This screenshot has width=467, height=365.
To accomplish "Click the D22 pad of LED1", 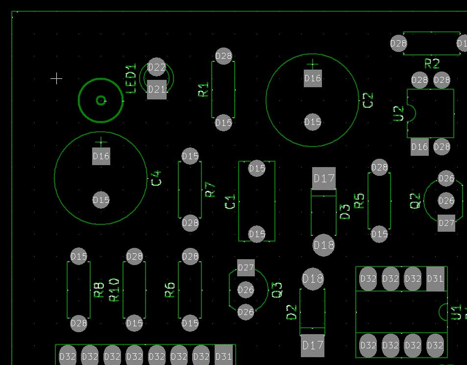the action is click(x=156, y=67).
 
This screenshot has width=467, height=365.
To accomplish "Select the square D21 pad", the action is click(x=157, y=89).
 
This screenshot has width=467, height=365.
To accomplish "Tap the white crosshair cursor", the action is click(x=56, y=79).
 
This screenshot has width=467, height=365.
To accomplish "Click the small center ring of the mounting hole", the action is click(x=101, y=100).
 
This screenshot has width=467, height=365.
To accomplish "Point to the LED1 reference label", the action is click(x=131, y=78).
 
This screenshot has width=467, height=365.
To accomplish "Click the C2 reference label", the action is click(x=368, y=100).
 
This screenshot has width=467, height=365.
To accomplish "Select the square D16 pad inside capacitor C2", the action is click(x=313, y=78).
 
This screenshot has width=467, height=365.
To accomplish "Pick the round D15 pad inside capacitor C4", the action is click(x=101, y=200).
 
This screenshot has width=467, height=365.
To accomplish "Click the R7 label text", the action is click(x=210, y=190).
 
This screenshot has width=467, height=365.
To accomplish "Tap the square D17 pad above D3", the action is click(x=324, y=178).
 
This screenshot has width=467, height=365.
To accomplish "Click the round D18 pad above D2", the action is click(x=313, y=279).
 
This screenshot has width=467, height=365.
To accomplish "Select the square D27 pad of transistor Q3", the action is click(x=246, y=268).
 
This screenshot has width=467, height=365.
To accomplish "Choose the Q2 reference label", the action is click(x=415, y=201).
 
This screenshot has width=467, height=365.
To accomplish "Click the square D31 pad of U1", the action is click(x=435, y=279).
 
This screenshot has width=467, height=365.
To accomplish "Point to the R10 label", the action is click(x=114, y=290).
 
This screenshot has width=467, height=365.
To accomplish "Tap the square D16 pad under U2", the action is click(x=419, y=147).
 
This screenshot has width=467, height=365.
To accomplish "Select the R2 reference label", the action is click(x=432, y=64).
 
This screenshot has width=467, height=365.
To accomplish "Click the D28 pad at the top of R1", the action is click(x=223, y=56).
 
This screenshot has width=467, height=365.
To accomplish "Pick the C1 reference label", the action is click(x=230, y=201).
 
